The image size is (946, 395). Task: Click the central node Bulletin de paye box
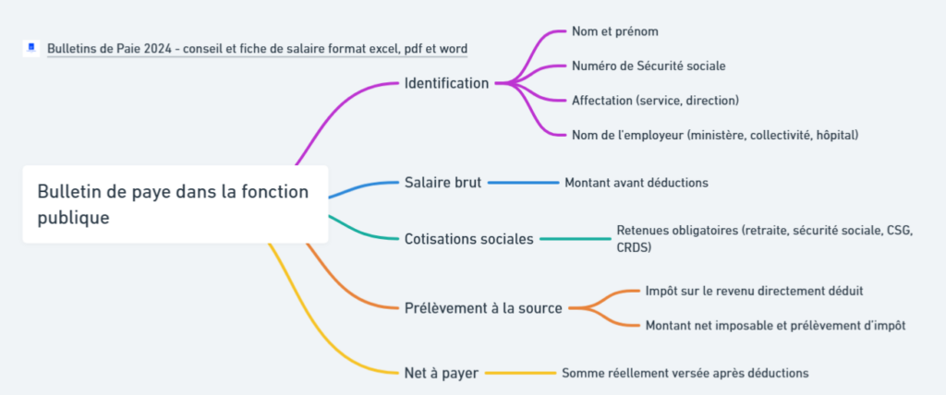click(175, 204)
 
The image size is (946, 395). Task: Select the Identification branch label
click(446, 83)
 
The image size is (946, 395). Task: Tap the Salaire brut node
click(443, 183)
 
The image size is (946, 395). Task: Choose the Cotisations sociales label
click(468, 239)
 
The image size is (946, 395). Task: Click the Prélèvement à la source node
click(483, 307)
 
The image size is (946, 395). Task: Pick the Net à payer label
click(441, 373)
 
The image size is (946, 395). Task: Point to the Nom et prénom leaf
click(614, 31)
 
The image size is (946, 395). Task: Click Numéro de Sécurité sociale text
click(649, 66)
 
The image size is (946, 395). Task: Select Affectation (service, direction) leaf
click(655, 100)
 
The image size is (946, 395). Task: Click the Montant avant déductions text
click(637, 183)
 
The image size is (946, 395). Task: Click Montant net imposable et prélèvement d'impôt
click(775, 325)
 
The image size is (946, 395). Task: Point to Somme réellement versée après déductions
click(685, 373)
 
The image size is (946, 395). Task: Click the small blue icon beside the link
click(31, 47)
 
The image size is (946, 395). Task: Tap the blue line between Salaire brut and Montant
click(522, 183)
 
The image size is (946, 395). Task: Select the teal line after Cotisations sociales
click(573, 239)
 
